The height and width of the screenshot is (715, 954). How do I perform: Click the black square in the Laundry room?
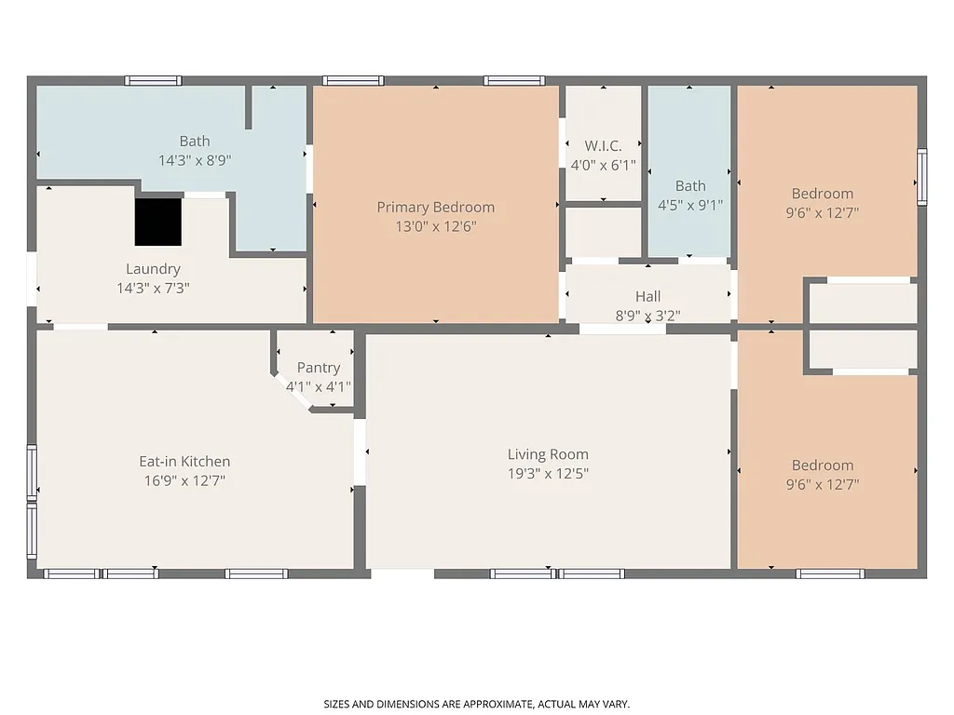pyautogui.click(x=158, y=222)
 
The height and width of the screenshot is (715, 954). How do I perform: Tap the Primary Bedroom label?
pyautogui.click(x=435, y=207)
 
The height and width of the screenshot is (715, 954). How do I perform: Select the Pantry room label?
pyautogui.click(x=318, y=368)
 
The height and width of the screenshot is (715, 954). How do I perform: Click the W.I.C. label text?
pyautogui.click(x=603, y=146)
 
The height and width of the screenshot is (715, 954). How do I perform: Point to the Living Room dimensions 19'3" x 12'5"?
pyautogui.click(x=548, y=473)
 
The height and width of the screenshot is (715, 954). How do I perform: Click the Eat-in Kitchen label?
pyautogui.click(x=184, y=462)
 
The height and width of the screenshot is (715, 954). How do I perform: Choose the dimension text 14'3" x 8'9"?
pyautogui.click(x=195, y=160)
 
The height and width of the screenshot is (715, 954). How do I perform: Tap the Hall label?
pyautogui.click(x=647, y=296)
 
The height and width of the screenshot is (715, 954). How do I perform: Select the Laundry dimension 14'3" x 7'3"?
pyautogui.click(x=153, y=288)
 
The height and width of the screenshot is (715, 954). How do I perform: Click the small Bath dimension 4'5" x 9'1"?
pyautogui.click(x=690, y=205)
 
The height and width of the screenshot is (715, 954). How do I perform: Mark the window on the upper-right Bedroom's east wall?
pyautogui.click(x=921, y=177)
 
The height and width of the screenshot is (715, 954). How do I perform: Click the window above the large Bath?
pyautogui.click(x=154, y=81)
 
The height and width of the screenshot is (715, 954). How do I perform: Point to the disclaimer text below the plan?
pyautogui.click(x=476, y=704)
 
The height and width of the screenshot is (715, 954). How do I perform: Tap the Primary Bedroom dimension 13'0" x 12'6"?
pyautogui.click(x=435, y=226)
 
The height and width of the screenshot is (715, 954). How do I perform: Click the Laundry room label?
pyautogui.click(x=153, y=269)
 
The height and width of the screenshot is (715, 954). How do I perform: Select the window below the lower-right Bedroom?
pyautogui.click(x=829, y=573)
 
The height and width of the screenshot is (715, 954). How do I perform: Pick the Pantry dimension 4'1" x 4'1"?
pyautogui.click(x=318, y=386)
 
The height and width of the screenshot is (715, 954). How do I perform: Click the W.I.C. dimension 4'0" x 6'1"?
pyautogui.click(x=603, y=165)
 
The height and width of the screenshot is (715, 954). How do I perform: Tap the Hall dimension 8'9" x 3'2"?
pyautogui.click(x=647, y=315)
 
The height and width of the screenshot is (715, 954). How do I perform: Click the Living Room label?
pyautogui.click(x=548, y=454)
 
